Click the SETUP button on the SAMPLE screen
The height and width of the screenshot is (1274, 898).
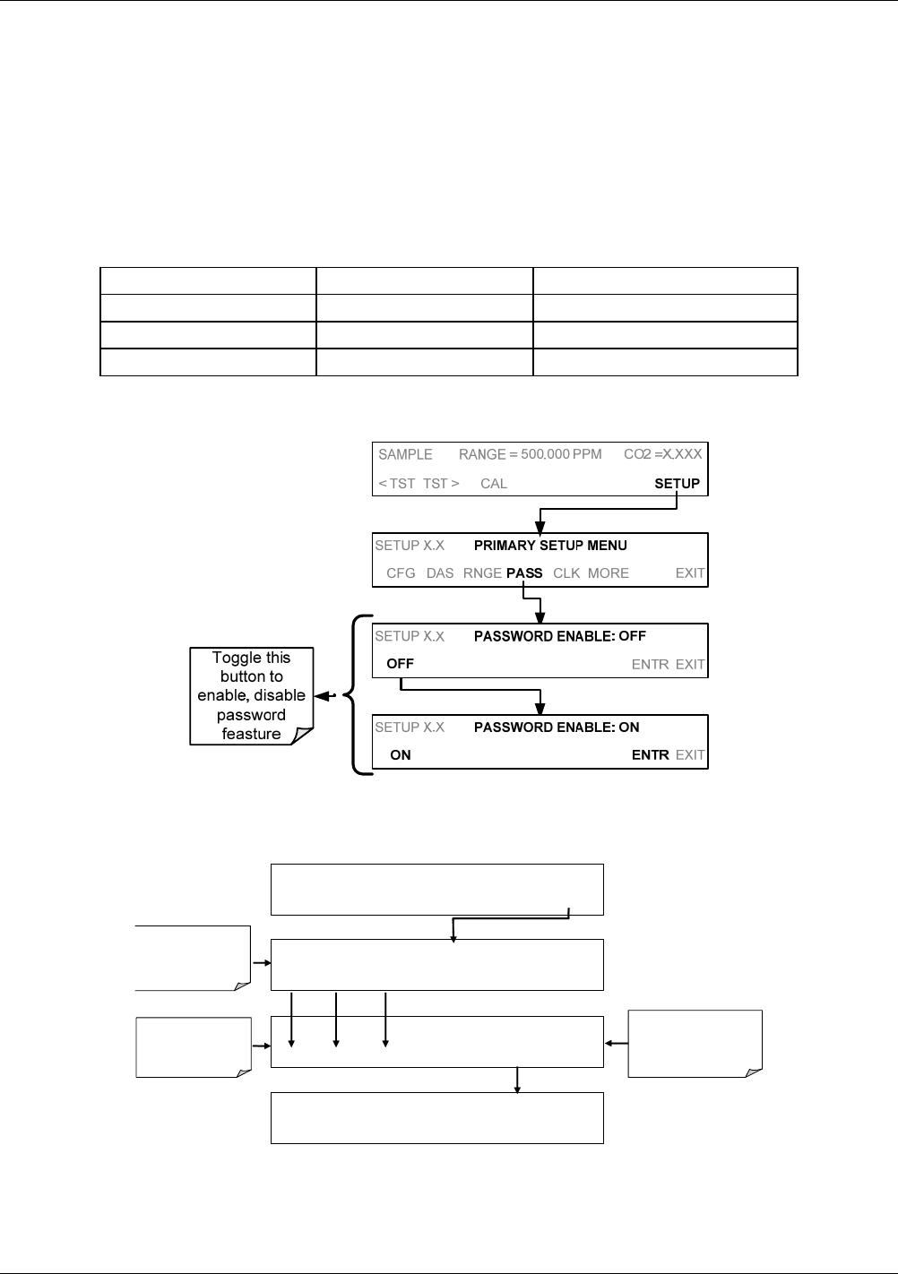click(677, 483)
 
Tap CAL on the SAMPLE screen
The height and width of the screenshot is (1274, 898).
click(494, 483)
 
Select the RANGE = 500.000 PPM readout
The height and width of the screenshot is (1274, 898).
click(530, 454)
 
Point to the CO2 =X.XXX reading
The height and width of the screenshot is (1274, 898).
click(662, 454)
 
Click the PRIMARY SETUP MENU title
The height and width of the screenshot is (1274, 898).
click(550, 546)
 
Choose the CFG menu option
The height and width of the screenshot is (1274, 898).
click(401, 573)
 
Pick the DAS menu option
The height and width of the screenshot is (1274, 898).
click(440, 573)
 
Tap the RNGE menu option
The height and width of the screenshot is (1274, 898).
click(482, 573)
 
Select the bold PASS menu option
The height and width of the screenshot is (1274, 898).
click(524, 573)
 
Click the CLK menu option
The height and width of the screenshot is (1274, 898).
click(566, 573)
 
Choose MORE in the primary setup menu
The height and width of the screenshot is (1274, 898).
click(609, 573)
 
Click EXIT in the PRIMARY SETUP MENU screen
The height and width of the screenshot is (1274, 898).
click(690, 573)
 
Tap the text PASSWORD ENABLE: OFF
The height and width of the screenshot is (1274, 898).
click(560, 636)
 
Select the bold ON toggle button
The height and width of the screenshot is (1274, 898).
click(401, 755)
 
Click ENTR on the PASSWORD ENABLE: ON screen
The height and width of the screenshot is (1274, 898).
click(650, 755)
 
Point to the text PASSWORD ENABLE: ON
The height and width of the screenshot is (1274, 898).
click(557, 727)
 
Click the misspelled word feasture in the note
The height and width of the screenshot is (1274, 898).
click(252, 734)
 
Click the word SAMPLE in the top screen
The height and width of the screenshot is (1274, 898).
click(405, 454)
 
